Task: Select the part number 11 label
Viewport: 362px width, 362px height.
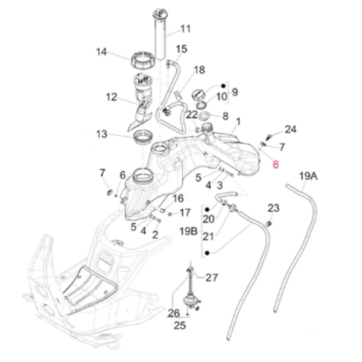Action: tap(185, 28)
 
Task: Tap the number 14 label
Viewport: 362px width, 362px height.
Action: tap(101, 52)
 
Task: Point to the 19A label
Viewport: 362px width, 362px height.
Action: tap(308, 176)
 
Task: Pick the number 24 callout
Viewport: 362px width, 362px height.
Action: tap(291, 129)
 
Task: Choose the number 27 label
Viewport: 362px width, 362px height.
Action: tap(211, 278)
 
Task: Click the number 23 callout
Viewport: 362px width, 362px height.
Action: tap(273, 208)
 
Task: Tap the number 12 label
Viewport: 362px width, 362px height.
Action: tap(112, 97)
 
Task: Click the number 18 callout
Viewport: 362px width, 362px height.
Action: tap(200, 71)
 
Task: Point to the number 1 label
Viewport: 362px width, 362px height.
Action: tap(238, 121)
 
